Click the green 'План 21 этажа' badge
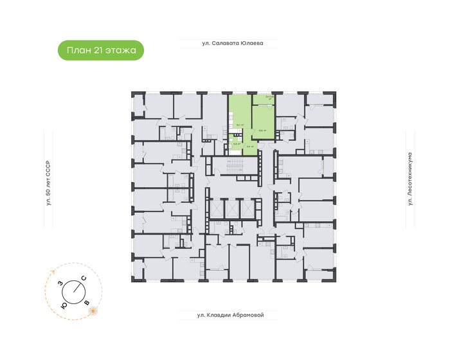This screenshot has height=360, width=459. [x=101, y=50]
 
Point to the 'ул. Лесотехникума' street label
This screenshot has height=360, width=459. [x=410, y=180]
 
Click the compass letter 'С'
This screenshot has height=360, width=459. [x=84, y=278]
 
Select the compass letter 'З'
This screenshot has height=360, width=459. [x=60, y=283]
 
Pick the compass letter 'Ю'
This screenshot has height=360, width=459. [x=63, y=306]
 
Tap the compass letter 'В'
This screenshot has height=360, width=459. [x=87, y=301]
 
